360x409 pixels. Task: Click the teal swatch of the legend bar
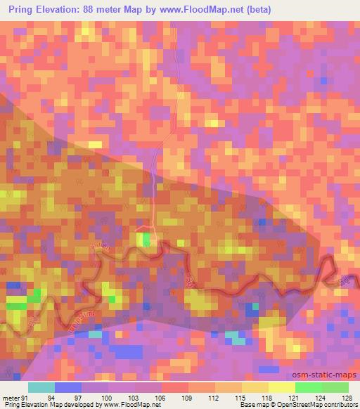[41, 387]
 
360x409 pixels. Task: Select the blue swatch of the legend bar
[68, 387]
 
